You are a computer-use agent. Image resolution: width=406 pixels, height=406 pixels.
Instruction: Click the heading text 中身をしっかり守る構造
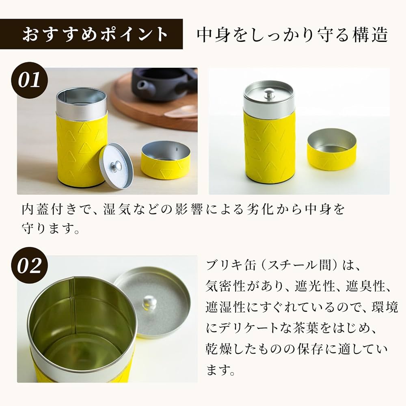(292, 35)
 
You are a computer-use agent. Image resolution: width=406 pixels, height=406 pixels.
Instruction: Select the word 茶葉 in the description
(289, 328)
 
